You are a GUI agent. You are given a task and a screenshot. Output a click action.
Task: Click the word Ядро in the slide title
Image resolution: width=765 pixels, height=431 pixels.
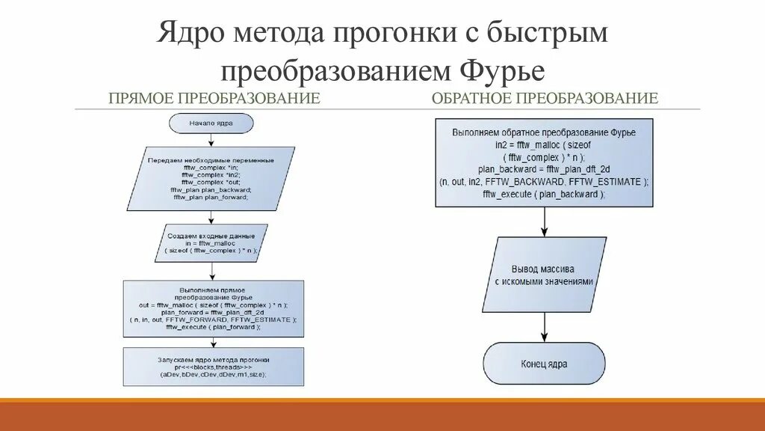192,34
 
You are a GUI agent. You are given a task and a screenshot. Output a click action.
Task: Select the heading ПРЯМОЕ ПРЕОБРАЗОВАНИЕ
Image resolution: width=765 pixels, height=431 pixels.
214,98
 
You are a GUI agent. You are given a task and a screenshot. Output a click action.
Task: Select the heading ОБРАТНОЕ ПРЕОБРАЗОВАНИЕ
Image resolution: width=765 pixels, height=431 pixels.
545,98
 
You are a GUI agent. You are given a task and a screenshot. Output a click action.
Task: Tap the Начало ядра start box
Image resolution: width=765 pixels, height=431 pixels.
211,122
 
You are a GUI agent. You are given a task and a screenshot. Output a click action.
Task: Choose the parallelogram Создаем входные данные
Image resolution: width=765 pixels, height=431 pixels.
211,243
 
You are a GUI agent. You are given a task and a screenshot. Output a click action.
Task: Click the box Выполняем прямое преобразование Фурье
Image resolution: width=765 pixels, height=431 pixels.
213,307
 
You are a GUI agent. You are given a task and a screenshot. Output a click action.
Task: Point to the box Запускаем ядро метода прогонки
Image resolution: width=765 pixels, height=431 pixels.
213,366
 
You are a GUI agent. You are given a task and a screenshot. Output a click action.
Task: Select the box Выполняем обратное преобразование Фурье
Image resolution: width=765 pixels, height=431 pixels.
544,162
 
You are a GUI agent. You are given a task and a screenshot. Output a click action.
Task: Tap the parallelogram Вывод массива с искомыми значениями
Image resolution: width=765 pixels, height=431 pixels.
544,275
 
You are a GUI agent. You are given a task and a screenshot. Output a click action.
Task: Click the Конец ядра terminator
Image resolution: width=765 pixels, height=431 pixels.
544,364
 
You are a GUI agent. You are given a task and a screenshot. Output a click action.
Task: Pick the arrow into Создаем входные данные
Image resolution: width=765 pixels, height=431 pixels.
211,217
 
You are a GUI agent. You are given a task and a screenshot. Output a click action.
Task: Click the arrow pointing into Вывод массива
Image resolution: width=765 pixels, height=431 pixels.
544,222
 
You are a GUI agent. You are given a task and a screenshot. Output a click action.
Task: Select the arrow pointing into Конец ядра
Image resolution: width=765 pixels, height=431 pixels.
544,327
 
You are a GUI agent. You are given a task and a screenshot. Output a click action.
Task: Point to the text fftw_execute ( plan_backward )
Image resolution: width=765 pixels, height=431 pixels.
544,194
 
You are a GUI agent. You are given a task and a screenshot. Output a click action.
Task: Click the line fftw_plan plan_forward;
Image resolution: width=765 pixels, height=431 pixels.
211,198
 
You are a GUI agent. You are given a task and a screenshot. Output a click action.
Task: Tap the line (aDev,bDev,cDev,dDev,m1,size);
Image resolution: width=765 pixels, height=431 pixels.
213,374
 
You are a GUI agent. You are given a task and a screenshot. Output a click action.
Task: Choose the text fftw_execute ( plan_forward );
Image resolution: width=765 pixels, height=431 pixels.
213,327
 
